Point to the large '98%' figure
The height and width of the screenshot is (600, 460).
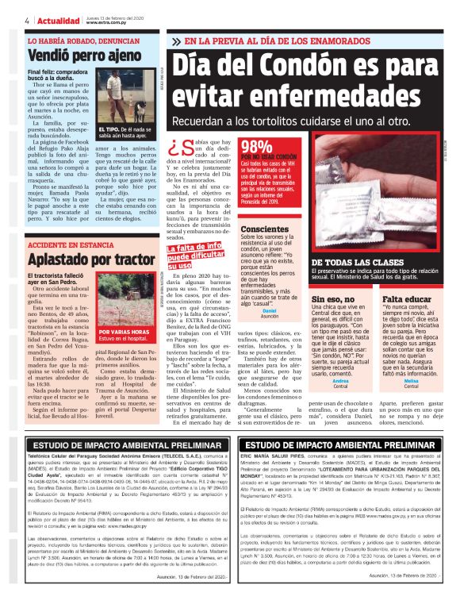[257, 146]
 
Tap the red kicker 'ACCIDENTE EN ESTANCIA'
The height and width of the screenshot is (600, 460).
[71, 246]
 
